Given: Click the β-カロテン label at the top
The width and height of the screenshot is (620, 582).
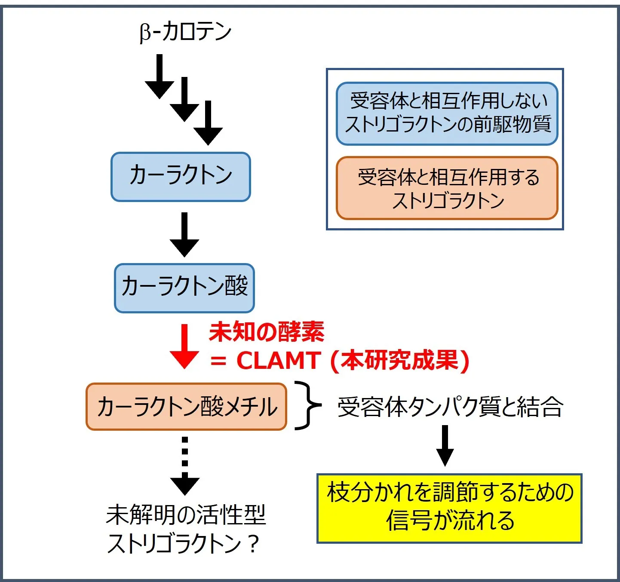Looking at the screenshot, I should [185, 32].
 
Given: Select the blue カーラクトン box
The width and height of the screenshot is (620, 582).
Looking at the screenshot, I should [181, 177].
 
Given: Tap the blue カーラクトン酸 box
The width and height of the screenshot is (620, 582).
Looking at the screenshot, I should [184, 288].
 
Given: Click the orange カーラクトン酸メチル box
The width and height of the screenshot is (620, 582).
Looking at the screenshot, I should [186, 407].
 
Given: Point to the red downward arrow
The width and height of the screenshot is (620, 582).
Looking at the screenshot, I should [184, 346].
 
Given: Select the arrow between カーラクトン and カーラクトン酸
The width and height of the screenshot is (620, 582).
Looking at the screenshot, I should [184, 234].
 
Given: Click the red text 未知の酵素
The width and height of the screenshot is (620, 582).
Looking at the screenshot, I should [267, 332].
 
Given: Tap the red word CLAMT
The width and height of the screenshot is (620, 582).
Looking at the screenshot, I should [278, 360].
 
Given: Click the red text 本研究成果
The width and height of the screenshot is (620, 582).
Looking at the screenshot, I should [400, 360].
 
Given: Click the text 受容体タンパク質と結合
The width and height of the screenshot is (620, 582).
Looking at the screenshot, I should [450, 407].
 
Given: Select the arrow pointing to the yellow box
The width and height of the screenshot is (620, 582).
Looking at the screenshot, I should [445, 446].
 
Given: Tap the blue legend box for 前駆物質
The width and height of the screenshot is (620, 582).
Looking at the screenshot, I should [447, 113].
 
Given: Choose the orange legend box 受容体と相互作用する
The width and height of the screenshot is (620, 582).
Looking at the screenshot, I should [447, 188].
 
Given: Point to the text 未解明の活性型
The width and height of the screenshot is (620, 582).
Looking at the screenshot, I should [186, 515].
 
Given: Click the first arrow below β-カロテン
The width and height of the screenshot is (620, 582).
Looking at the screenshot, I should [160, 76].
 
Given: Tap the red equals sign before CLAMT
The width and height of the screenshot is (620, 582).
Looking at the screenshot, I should [218, 361].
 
